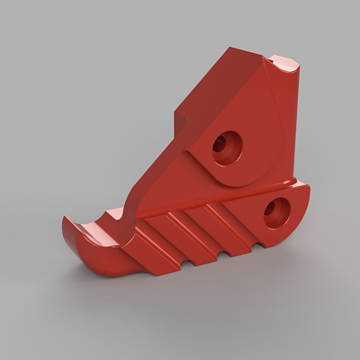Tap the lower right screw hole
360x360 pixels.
[x=275, y=211]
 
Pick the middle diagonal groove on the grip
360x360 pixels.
[x=193, y=224]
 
